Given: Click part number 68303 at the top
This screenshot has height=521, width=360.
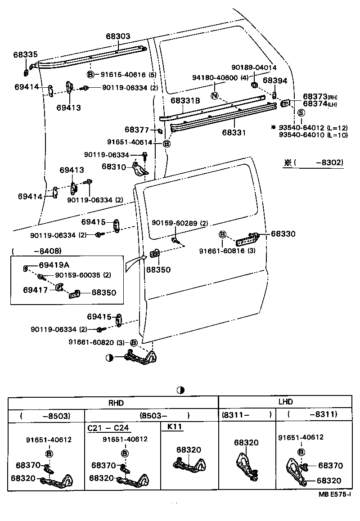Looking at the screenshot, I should point(118,36).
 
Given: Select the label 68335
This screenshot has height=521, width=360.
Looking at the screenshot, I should point(25,54).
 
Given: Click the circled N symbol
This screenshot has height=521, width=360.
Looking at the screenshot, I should point(215,95).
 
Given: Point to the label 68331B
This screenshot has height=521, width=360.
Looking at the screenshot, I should point(185,101).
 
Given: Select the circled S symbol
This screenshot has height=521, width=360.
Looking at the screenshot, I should point(301,112).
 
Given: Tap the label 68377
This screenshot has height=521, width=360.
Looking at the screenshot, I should point(137,130).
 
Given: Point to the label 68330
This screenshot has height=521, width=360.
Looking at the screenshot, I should point(283,234).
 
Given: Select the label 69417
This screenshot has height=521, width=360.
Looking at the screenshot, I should point(36,290).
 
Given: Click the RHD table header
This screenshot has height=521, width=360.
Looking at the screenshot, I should point(113,403).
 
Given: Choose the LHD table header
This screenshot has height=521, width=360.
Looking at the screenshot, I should point(285,402).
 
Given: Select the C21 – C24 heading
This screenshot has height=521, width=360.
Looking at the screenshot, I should point(108,427).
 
